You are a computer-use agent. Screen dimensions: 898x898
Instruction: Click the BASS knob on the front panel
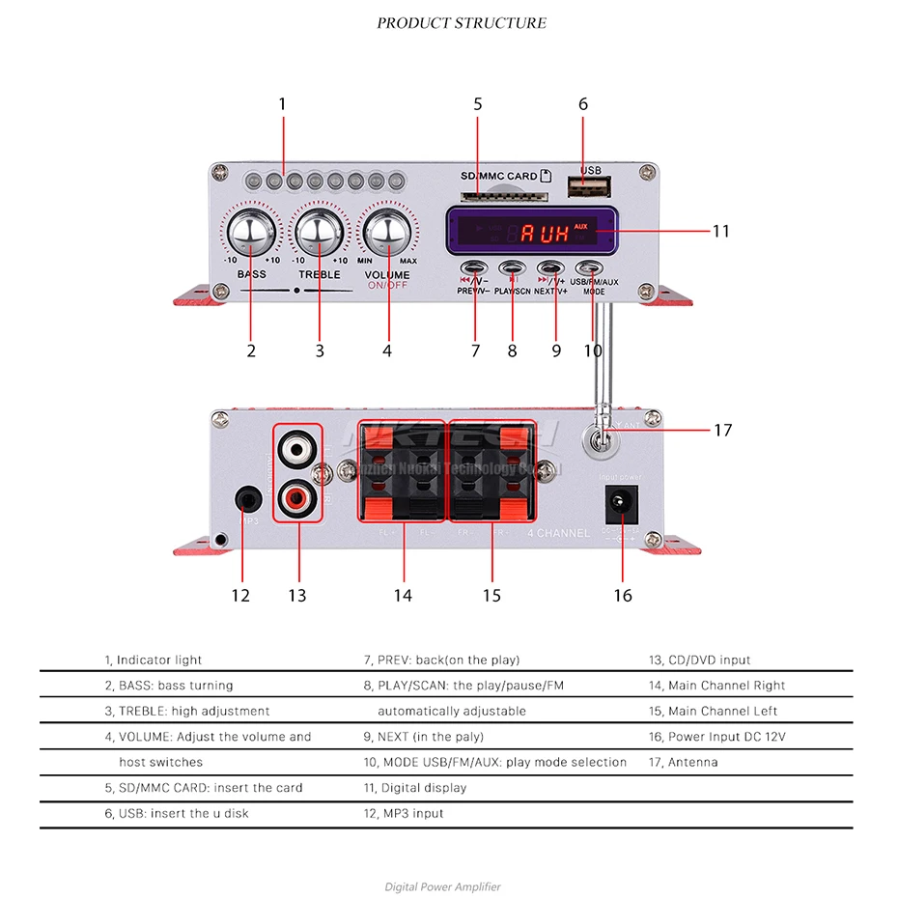(x=251, y=233)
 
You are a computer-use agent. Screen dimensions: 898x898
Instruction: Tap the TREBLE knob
(x=320, y=233)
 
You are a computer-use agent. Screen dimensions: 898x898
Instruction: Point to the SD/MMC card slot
(x=503, y=196)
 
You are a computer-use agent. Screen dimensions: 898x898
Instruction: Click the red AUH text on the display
(x=545, y=233)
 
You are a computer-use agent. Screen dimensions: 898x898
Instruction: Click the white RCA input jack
(x=297, y=448)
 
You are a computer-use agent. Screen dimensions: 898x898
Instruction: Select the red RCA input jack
(x=297, y=499)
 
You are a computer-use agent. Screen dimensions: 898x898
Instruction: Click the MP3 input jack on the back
(x=248, y=500)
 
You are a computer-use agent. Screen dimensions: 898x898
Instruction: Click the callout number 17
(x=723, y=431)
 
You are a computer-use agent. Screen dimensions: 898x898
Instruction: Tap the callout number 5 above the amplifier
(x=477, y=104)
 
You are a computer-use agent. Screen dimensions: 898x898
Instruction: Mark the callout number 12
(x=240, y=596)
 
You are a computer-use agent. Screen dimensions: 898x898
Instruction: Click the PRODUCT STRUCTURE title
(x=461, y=23)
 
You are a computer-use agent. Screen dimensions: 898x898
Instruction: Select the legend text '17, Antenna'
(x=683, y=762)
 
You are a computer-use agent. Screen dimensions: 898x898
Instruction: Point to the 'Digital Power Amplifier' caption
(x=443, y=886)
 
